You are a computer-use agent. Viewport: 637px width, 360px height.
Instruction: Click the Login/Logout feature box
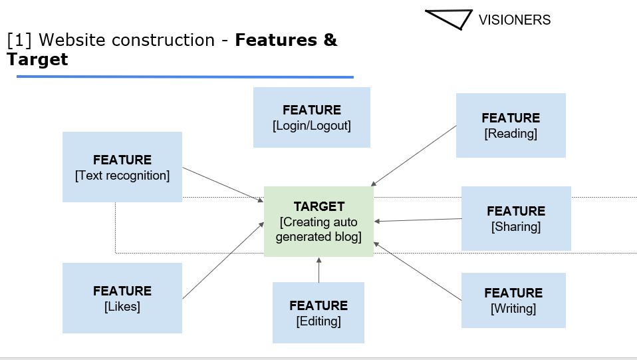(311, 117)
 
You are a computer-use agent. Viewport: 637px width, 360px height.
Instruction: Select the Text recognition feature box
(122, 167)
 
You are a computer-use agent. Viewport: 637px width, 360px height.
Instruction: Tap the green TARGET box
(318, 222)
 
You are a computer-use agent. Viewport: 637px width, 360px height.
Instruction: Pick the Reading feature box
(511, 125)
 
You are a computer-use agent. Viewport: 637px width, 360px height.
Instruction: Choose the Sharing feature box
(516, 218)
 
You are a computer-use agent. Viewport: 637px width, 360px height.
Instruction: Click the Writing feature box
(513, 300)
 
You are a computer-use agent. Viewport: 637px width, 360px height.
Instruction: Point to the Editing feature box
(318, 313)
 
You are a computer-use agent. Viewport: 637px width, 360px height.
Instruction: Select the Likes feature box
(122, 298)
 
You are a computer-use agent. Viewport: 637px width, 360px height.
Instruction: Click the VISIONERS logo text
(515, 20)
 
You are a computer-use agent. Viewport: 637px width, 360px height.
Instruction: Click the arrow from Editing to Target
(318, 270)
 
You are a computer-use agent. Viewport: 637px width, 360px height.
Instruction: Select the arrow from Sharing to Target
(418, 220)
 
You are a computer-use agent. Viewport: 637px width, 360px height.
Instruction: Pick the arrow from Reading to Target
(414, 155)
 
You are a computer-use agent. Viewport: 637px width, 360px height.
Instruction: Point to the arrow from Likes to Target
(223, 260)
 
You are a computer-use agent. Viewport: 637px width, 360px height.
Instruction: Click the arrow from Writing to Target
(418, 271)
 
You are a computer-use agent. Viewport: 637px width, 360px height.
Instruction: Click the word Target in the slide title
(37, 59)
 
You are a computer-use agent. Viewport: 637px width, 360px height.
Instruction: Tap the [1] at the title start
(19, 40)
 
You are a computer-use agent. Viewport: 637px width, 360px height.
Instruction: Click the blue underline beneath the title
(185, 77)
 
